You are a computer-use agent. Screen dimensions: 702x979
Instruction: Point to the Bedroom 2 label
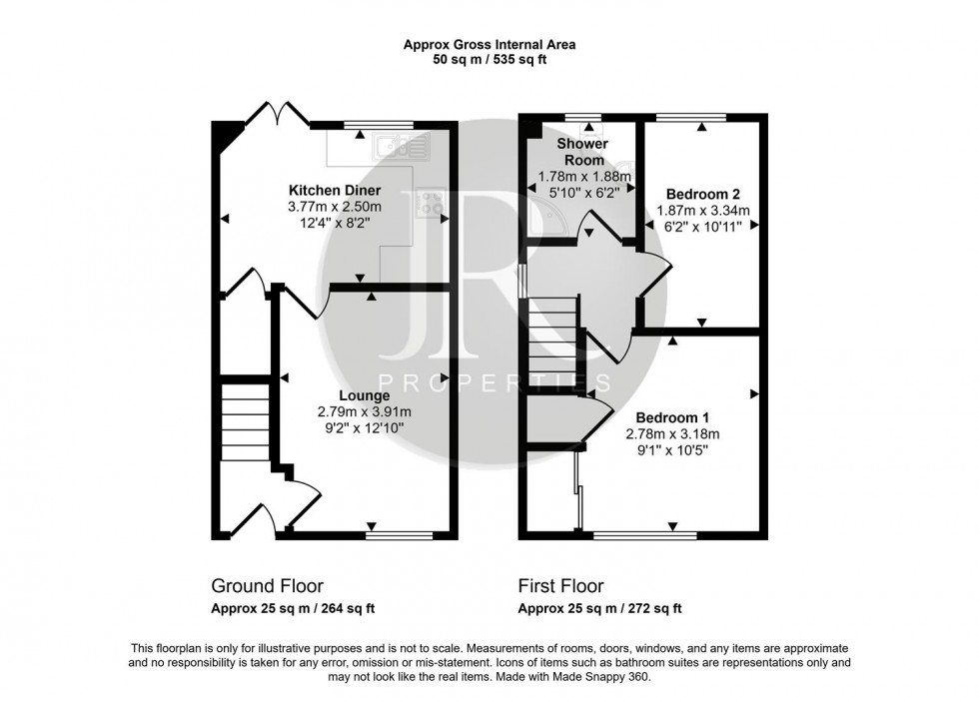[x=702, y=194]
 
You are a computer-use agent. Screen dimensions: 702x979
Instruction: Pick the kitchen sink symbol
[x=400, y=149]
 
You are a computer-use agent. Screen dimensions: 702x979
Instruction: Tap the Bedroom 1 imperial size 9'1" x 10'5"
[x=672, y=449]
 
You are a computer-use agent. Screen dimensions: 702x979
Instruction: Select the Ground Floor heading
[x=267, y=586]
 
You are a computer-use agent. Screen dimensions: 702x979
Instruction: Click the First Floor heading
[x=560, y=586]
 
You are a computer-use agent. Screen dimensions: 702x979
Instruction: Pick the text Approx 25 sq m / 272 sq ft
[x=599, y=608]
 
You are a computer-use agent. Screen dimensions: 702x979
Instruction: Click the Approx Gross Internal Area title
[x=489, y=44]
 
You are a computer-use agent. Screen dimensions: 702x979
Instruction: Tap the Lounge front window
[x=400, y=535]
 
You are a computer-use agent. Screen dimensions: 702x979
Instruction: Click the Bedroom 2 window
[x=702, y=118]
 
